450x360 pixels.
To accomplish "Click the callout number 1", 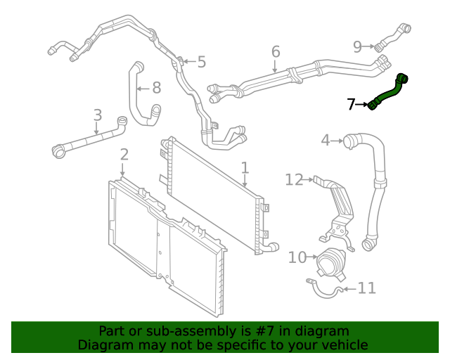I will coord(245,168).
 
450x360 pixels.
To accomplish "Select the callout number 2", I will coord(124,155).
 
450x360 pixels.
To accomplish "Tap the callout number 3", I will coord(97,115).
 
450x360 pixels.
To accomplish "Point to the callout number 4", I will coord(325,141).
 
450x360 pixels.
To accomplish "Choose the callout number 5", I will coord(201,62).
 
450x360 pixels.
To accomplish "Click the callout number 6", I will coord(275,51).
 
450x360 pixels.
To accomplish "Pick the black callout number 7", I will coord(352,105).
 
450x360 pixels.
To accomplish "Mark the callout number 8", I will coord(156,88).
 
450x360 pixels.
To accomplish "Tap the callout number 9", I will coord(357,46).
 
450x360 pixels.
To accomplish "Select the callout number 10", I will coord(297,257).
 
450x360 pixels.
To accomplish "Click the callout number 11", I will coord(366,288).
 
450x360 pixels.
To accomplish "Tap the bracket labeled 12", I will coord(340,204).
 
